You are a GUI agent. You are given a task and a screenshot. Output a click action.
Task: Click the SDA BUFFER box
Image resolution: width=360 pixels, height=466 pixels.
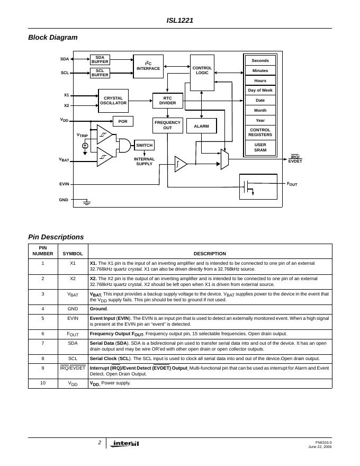100,59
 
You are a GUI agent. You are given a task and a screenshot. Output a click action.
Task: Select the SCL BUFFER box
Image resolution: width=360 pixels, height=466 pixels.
100,73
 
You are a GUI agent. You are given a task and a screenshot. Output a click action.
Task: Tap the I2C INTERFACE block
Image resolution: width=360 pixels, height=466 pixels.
148,66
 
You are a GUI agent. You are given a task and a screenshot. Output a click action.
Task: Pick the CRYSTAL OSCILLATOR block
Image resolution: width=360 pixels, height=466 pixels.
113,101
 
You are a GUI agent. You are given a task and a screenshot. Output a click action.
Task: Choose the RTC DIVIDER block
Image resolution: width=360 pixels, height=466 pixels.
167,101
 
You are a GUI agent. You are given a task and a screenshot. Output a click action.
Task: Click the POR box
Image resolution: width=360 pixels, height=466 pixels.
123,121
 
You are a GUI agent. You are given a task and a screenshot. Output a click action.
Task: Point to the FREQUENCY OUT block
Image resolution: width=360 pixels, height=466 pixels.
167,126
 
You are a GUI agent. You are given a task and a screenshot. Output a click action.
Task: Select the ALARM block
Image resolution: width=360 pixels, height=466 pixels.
201,126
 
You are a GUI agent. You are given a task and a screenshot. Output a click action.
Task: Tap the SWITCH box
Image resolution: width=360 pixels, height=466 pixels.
144,145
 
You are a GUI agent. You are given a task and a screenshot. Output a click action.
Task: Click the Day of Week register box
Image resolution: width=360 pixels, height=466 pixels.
260,91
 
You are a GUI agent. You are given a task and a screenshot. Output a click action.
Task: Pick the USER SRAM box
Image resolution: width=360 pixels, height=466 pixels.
260,147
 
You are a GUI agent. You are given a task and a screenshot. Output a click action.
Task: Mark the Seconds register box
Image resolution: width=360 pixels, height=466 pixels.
260,60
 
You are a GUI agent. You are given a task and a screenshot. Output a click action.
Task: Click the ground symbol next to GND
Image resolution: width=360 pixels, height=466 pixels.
87,202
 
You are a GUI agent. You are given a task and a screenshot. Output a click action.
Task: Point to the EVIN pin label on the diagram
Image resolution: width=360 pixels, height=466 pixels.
64,184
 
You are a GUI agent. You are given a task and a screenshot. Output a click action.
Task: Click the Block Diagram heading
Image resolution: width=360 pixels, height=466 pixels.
53,37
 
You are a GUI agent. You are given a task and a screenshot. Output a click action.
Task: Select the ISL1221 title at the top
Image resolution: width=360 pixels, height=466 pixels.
180,21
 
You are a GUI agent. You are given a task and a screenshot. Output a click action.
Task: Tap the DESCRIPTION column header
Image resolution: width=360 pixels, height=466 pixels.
210,254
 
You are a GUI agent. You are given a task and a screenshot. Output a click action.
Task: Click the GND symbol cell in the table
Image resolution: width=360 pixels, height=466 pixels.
73,309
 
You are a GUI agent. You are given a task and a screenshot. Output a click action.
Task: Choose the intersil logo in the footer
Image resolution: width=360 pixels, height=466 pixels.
126,444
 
